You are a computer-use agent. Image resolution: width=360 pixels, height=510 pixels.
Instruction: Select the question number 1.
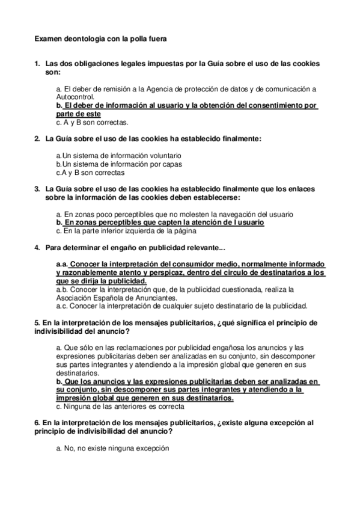coord(37,63)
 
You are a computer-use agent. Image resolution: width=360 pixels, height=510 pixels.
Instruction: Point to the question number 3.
coord(37,189)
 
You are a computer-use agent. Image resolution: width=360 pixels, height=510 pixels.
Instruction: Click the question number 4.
coord(37,247)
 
